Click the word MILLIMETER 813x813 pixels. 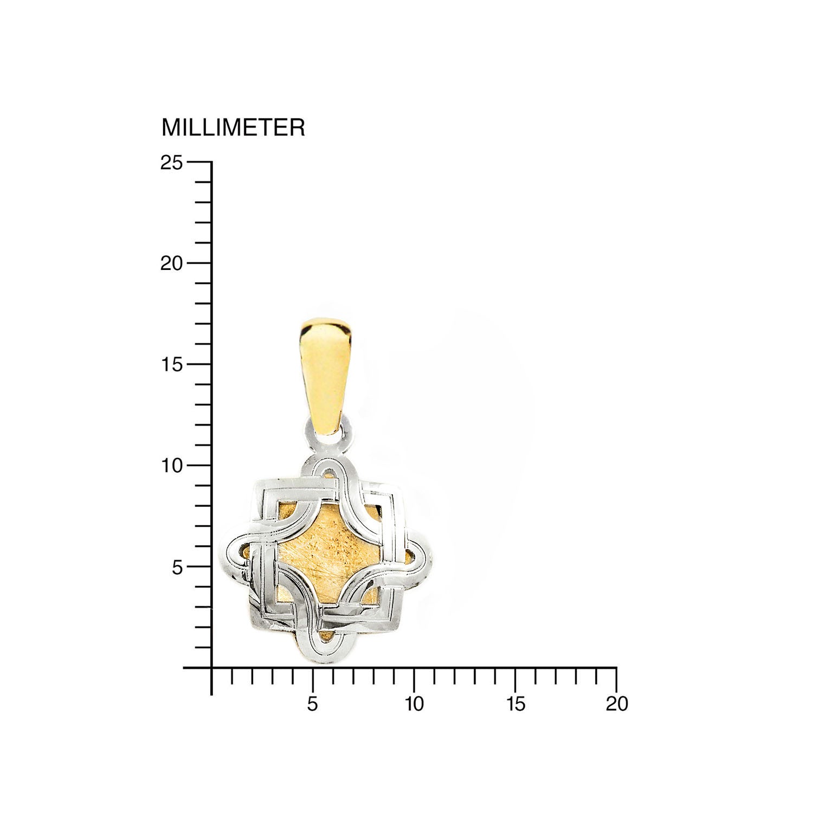tap(233, 127)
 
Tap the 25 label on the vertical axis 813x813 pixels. tap(172, 162)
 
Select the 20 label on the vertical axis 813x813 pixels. tap(172, 263)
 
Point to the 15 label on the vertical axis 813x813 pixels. tap(172, 364)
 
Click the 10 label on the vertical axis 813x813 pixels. tap(172, 466)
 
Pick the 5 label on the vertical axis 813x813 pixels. tap(178, 567)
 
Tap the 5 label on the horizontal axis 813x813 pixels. tap(313, 704)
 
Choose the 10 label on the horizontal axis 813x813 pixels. tap(414, 704)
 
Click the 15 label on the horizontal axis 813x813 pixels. tap(515, 704)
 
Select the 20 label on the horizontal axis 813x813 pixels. tap(617, 704)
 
